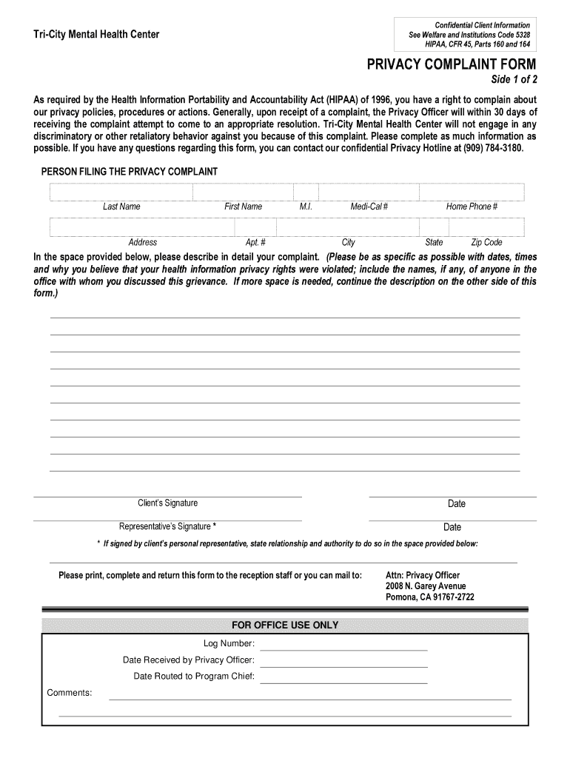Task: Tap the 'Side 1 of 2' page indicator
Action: point(510,80)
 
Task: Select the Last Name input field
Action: point(121,192)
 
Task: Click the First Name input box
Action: point(243,192)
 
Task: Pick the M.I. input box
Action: point(306,192)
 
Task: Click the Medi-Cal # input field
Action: point(369,192)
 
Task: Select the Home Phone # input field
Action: point(472,192)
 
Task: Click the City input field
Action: point(348,227)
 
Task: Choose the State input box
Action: point(434,227)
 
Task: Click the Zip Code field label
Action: point(486,242)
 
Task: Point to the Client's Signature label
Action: point(168,503)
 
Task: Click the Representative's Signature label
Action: point(168,527)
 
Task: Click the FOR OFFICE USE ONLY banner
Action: point(285,625)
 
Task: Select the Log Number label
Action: point(229,643)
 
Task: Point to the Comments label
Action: point(70,693)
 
